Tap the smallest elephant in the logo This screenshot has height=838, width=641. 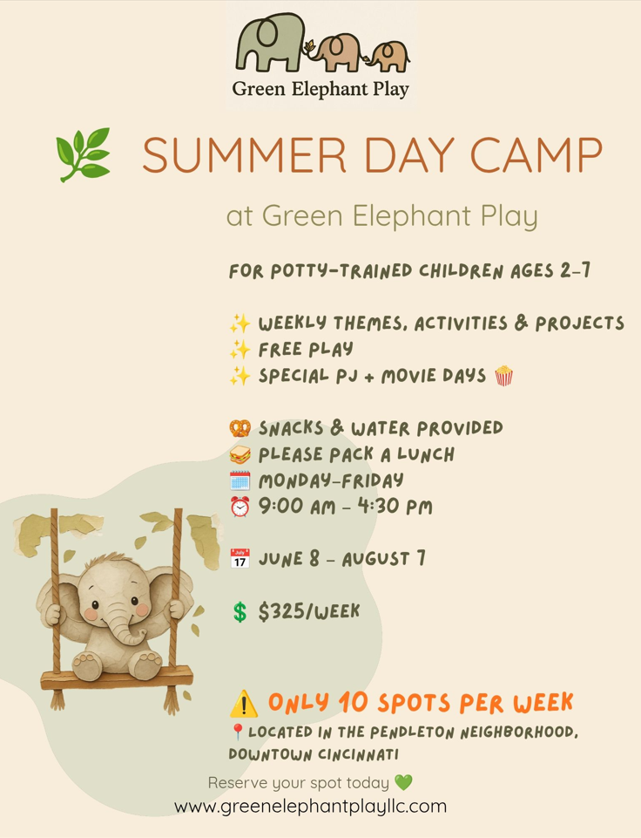point(388,57)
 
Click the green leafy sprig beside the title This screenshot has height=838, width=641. point(84,154)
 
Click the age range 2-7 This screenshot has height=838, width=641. point(576,270)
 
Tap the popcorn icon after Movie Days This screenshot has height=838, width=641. point(504,375)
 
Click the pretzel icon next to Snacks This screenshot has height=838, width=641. point(240,428)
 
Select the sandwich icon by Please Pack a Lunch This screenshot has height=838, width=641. point(240,454)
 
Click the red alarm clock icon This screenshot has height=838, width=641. point(240,506)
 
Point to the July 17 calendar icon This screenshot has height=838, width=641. point(240,558)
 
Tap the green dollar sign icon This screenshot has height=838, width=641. point(240,612)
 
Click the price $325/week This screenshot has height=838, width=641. point(309,611)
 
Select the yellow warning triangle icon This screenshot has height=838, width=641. point(244,704)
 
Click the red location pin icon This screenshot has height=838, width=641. point(238,732)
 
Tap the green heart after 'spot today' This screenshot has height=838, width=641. point(403,783)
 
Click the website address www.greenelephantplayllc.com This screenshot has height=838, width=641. point(310,806)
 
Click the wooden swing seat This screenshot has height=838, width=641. point(117,678)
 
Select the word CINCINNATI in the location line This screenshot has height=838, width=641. point(358,754)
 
